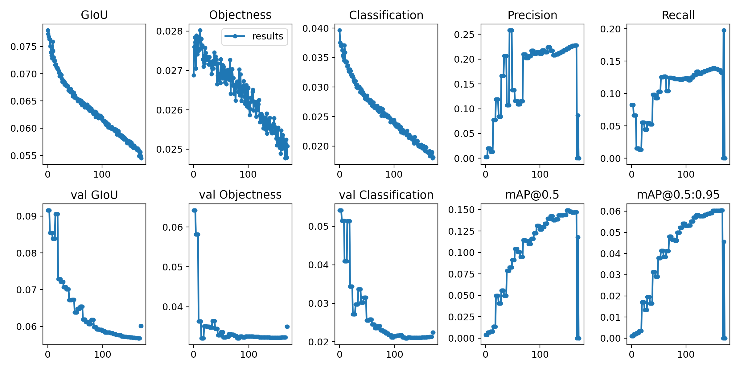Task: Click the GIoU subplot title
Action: click(x=94, y=15)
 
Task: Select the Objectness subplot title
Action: click(x=240, y=15)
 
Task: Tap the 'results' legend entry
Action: click(x=267, y=36)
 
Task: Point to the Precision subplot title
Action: click(x=532, y=15)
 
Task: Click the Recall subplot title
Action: click(x=678, y=15)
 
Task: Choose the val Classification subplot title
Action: click(x=386, y=195)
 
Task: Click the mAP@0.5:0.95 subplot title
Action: click(x=678, y=195)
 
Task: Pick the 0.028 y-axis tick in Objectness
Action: click(x=170, y=31)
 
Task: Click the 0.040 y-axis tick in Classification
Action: click(x=316, y=28)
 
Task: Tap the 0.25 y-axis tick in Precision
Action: click(x=464, y=34)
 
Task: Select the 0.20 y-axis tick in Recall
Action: click(x=610, y=29)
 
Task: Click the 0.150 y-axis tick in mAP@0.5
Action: click(x=462, y=210)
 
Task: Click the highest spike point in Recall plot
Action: click(x=724, y=30)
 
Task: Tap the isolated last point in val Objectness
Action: click(x=287, y=327)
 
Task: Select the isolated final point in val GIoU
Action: click(x=141, y=326)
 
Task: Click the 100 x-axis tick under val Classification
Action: click(x=394, y=354)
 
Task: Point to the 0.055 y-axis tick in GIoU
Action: click(x=23, y=156)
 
